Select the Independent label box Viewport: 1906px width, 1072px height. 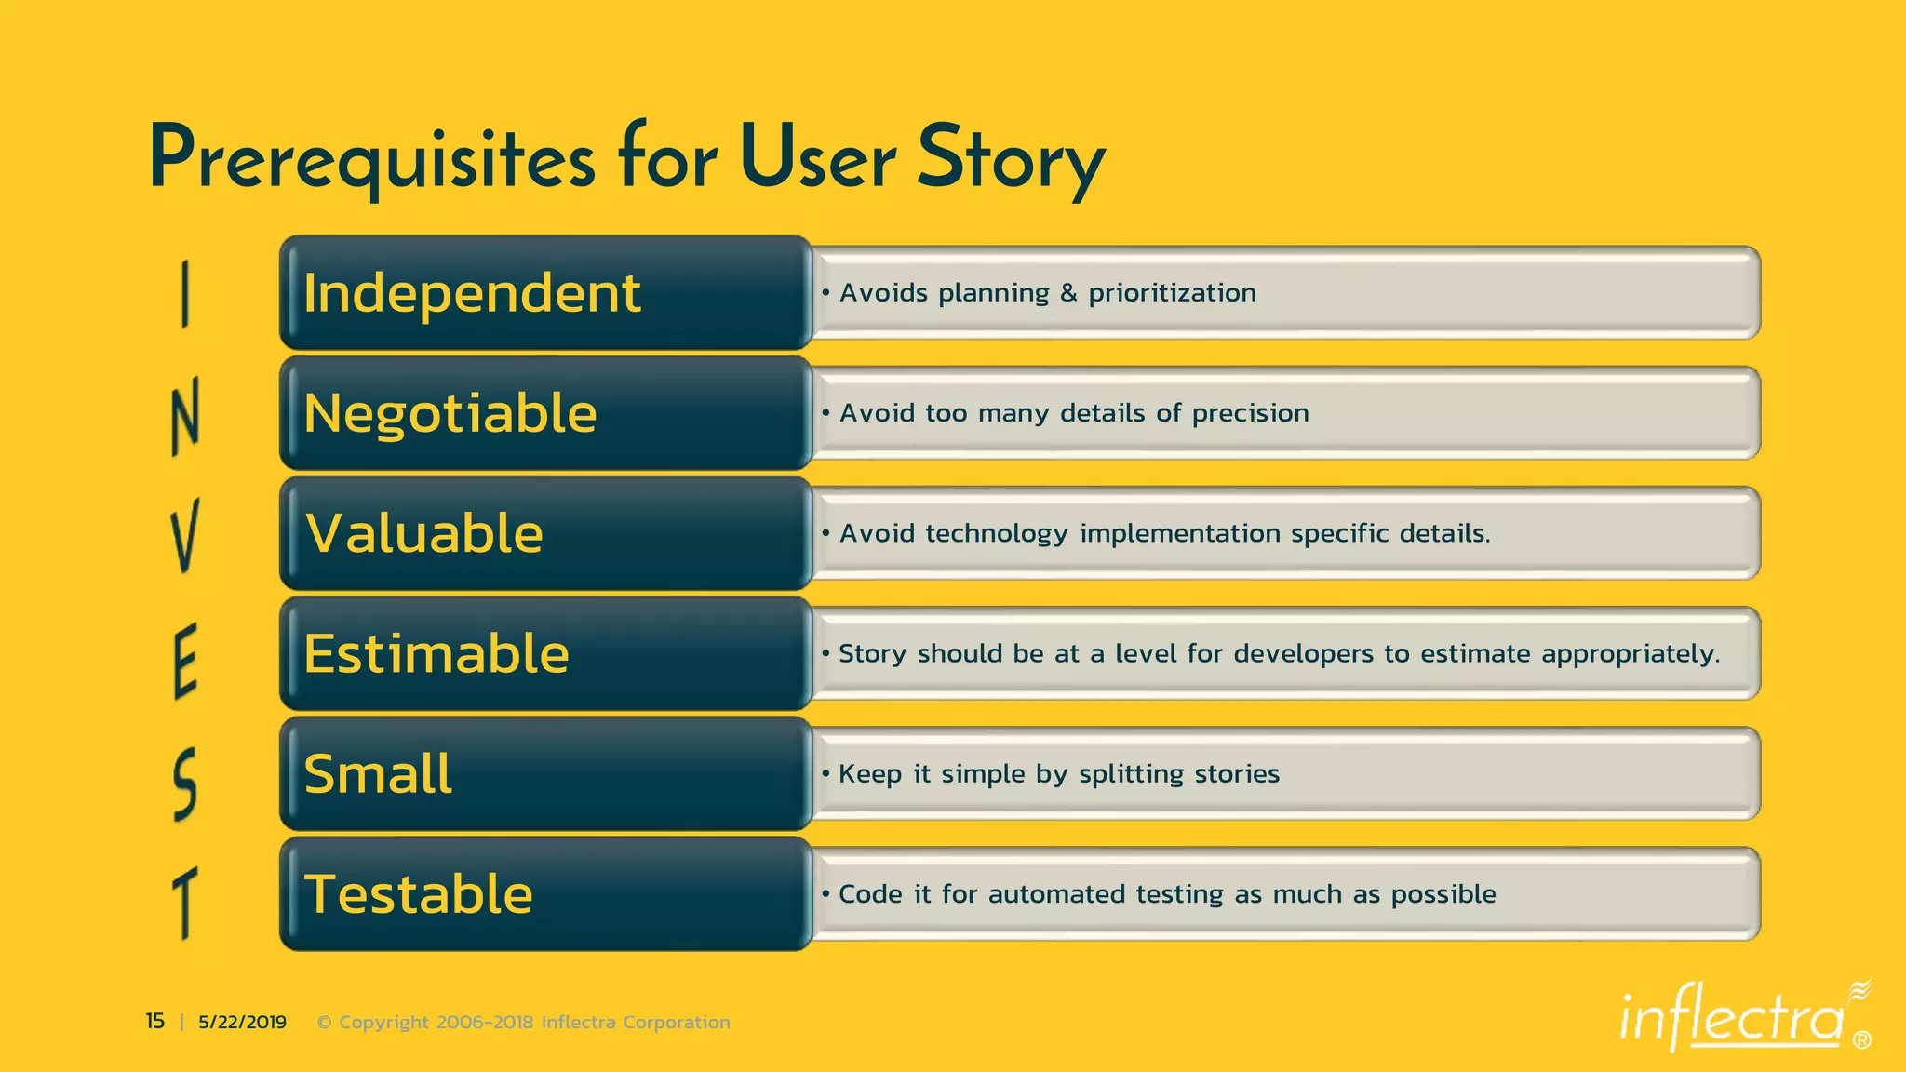[x=545, y=293]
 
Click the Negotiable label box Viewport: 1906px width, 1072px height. [x=545, y=413]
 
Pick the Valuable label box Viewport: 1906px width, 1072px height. [x=545, y=533]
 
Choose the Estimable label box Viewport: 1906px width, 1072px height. [x=545, y=653]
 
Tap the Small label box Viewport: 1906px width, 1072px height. [x=545, y=773]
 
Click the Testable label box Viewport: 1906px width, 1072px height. [x=545, y=893]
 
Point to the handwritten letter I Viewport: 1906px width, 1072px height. [x=185, y=294]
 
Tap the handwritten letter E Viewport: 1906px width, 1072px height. [x=185, y=661]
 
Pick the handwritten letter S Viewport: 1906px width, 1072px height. [x=185, y=784]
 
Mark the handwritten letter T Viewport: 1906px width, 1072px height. [x=185, y=902]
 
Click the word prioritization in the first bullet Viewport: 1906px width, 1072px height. [x=1172, y=294]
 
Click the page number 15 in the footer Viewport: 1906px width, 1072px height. [x=154, y=1022]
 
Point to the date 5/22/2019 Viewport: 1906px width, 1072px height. [x=242, y=1023]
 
